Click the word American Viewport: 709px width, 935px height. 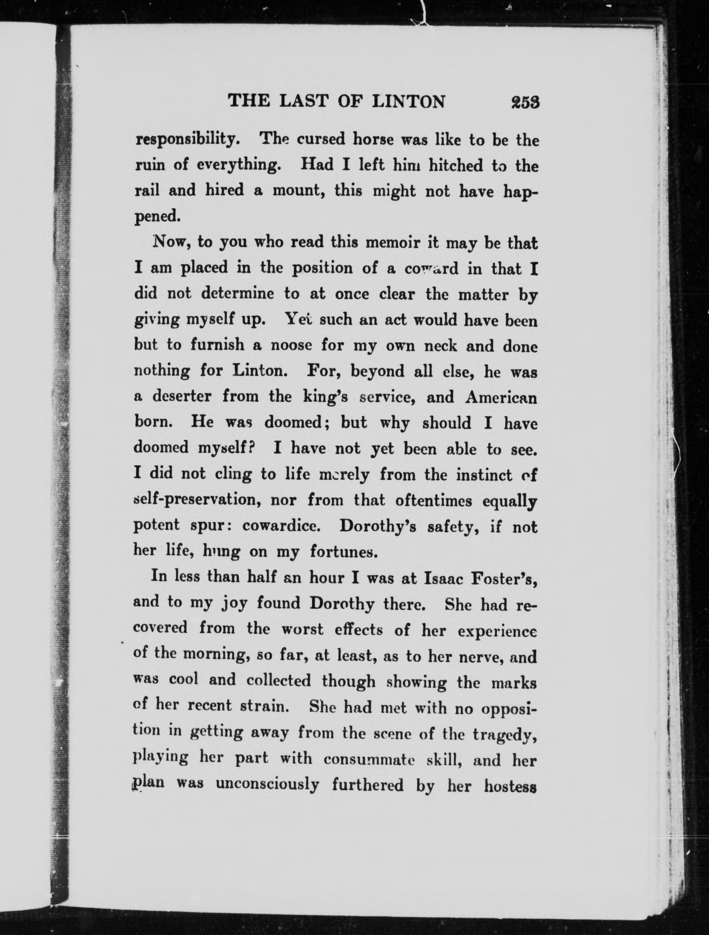point(501,398)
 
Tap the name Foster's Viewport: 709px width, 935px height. point(502,578)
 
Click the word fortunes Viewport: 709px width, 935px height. point(342,552)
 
